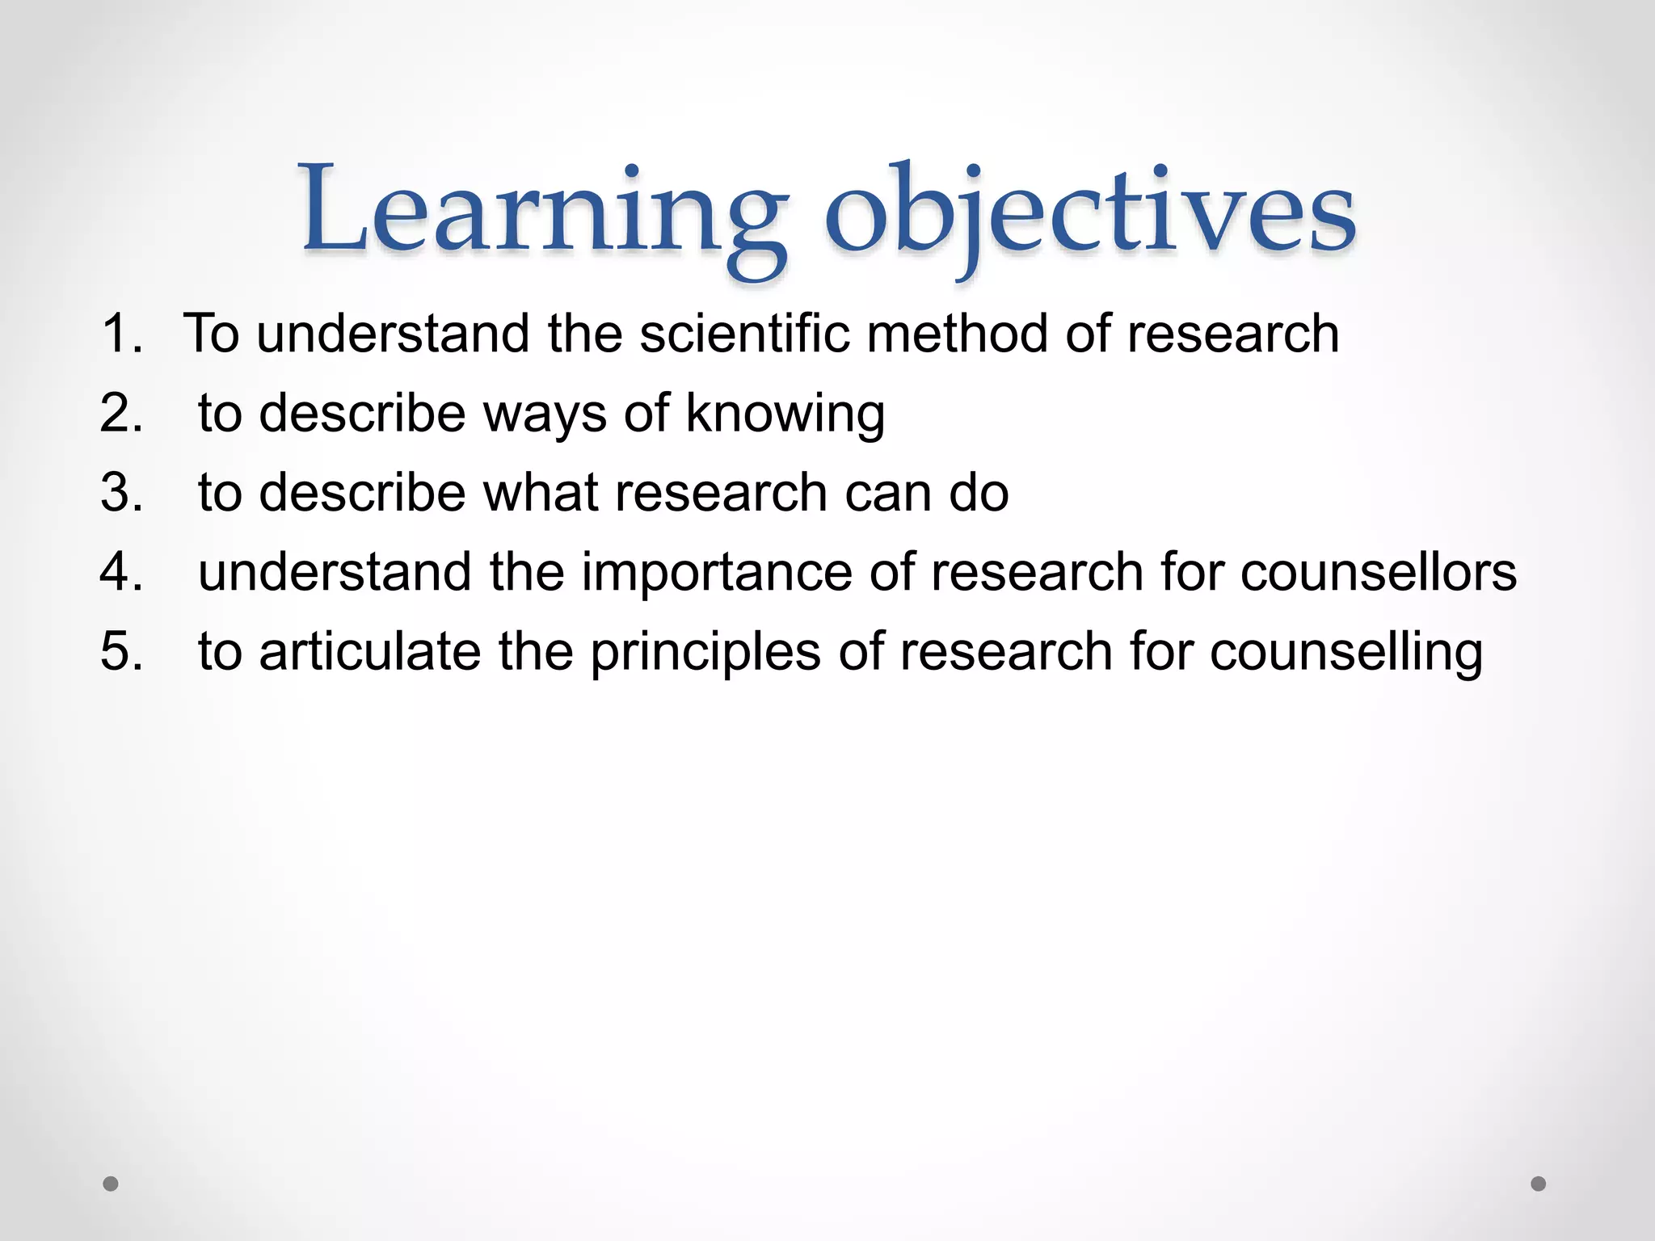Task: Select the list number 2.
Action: pyautogui.click(x=121, y=413)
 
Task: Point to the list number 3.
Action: pyautogui.click(x=121, y=492)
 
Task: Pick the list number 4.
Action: pyautogui.click(x=121, y=571)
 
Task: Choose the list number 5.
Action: pyautogui.click(x=121, y=650)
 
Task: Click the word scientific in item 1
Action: pyautogui.click(x=744, y=333)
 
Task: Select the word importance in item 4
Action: pyautogui.click(x=716, y=573)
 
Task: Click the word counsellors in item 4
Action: pyautogui.click(x=1378, y=571)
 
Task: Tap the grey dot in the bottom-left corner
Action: pyautogui.click(x=111, y=1184)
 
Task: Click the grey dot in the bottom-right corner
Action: pyautogui.click(x=1539, y=1184)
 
